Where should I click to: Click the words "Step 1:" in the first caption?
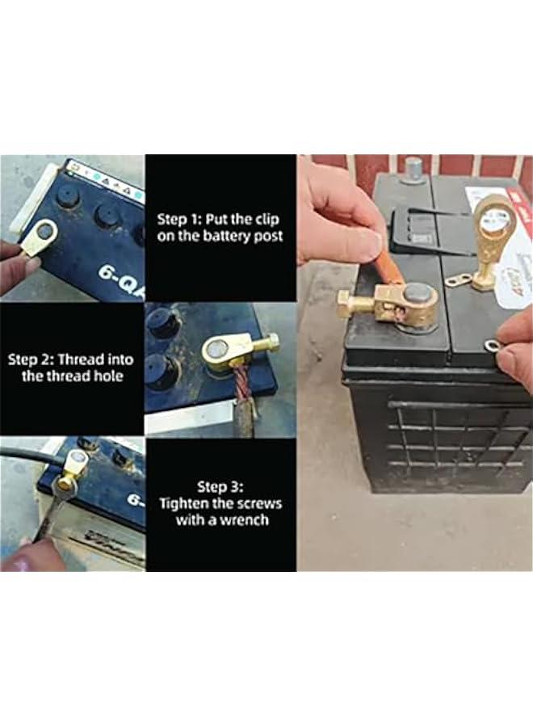[181, 219]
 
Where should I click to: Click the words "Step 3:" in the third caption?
[220, 486]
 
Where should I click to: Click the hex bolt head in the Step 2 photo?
[271, 342]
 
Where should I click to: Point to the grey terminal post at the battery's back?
[413, 168]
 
